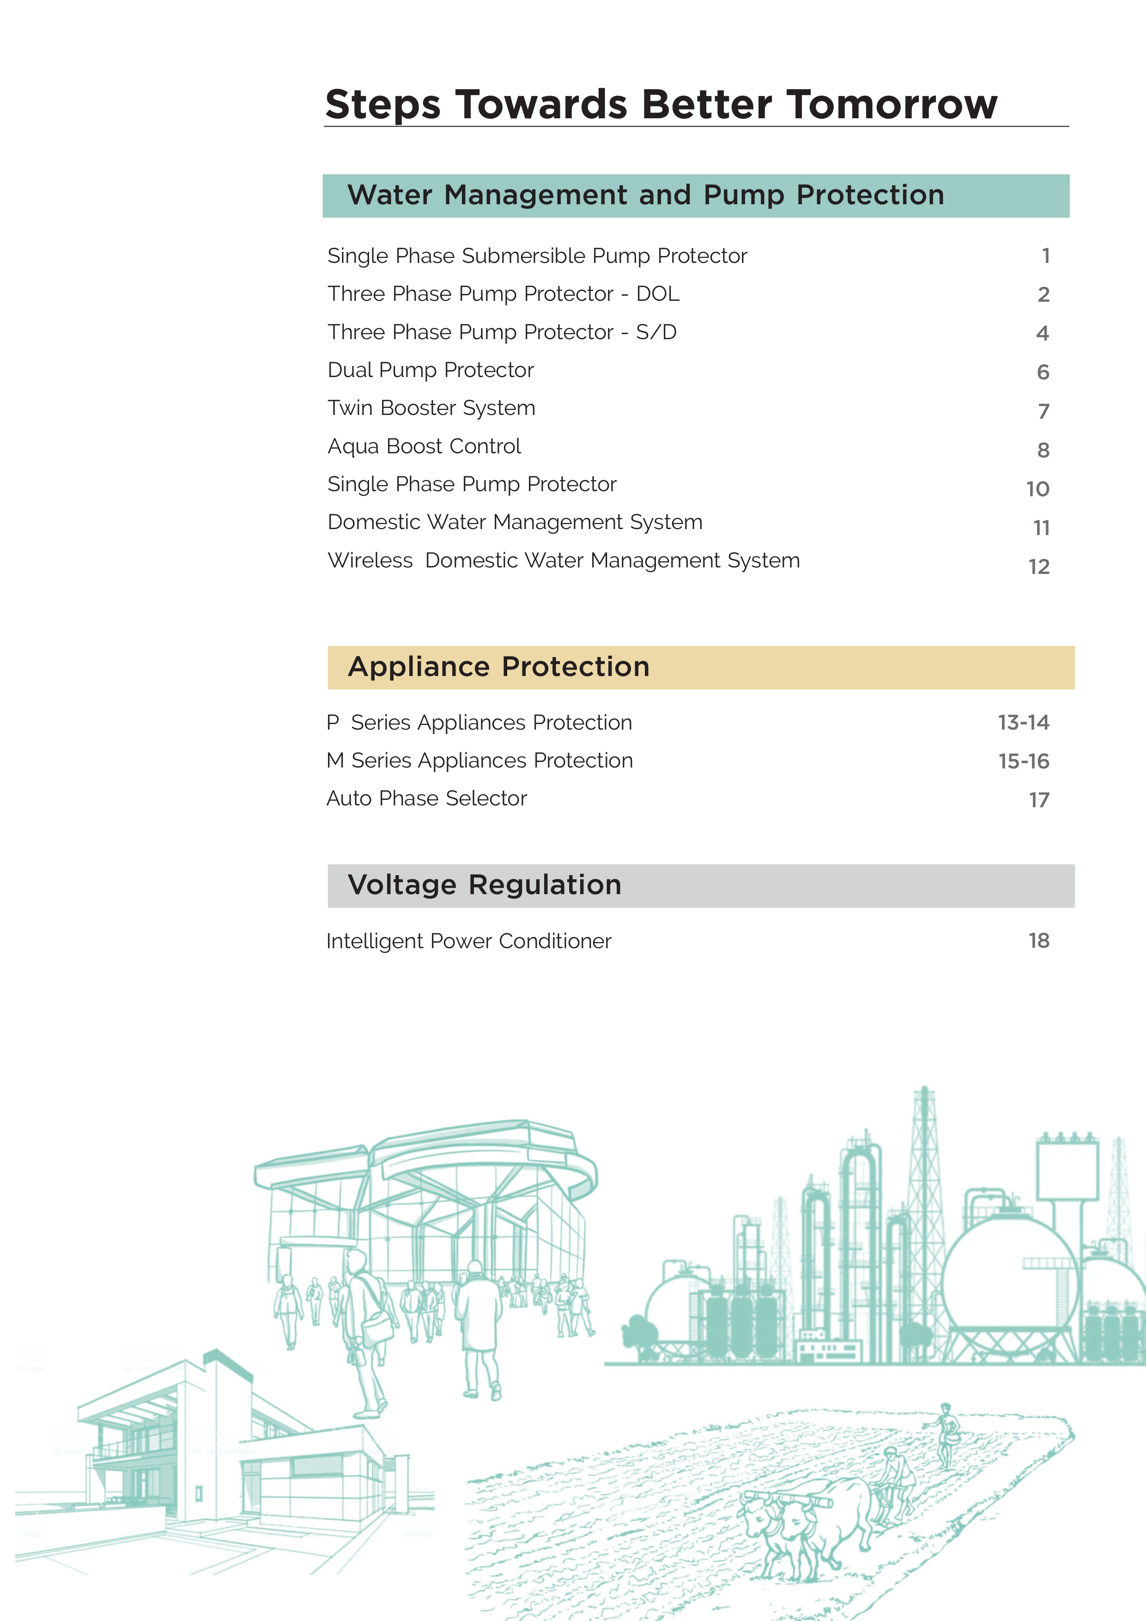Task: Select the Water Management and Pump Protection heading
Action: [x=646, y=195]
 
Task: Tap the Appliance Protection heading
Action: [x=498, y=666]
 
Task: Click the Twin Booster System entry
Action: [x=431, y=408]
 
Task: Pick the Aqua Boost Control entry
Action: [x=424, y=446]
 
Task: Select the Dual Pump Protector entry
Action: [x=431, y=370]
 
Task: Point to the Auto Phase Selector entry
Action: [x=426, y=798]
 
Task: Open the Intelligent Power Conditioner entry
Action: [x=468, y=941]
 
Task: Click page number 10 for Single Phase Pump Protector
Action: [x=1037, y=488]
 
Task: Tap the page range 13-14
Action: [x=1023, y=722]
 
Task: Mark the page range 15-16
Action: [x=1023, y=761]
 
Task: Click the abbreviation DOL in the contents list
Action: [x=658, y=294]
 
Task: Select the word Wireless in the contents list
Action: [x=370, y=561]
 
